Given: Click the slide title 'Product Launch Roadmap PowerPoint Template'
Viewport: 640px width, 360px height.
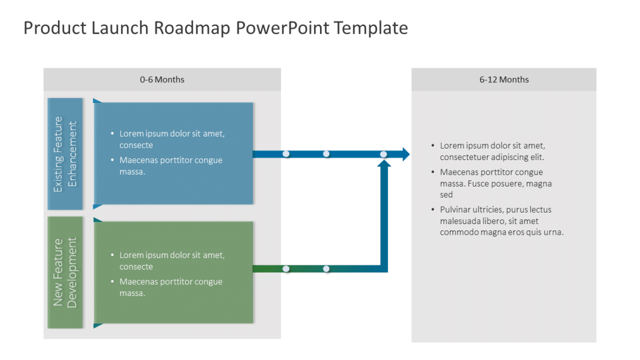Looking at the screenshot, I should (215, 28).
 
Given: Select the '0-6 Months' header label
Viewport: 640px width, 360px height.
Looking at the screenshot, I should (162, 80).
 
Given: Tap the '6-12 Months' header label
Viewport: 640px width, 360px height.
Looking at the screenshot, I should (504, 80).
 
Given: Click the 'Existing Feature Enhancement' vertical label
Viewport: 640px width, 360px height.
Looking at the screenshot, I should (66, 154).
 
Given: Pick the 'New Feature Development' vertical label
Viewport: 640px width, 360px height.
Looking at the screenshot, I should (66, 272).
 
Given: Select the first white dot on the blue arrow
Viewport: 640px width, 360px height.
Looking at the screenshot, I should (286, 154).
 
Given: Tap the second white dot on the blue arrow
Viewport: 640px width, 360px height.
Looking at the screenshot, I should (326, 154).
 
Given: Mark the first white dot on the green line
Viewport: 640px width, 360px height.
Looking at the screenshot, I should (286, 269).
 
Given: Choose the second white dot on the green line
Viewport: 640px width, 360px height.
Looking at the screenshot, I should (326, 269).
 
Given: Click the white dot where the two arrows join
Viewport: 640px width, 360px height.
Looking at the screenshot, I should (383, 155).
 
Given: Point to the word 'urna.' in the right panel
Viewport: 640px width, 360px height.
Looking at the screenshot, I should (553, 233).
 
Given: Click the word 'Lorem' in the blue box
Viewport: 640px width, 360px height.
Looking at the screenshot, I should (131, 133).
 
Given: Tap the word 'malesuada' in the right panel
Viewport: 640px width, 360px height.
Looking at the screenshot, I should (459, 221).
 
